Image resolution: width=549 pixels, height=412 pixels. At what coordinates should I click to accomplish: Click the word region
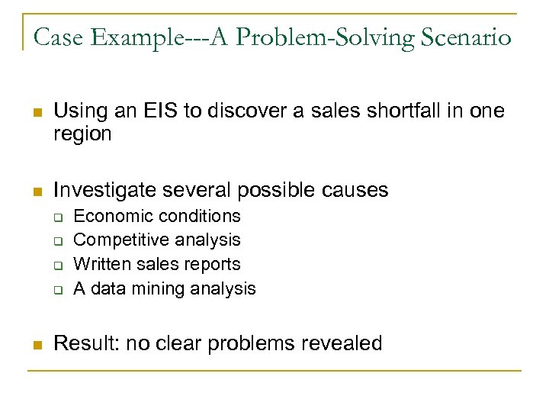point(82,134)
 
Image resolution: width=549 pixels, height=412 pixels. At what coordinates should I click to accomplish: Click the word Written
point(101,264)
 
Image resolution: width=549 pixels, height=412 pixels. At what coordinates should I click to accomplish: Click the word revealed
point(342,343)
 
